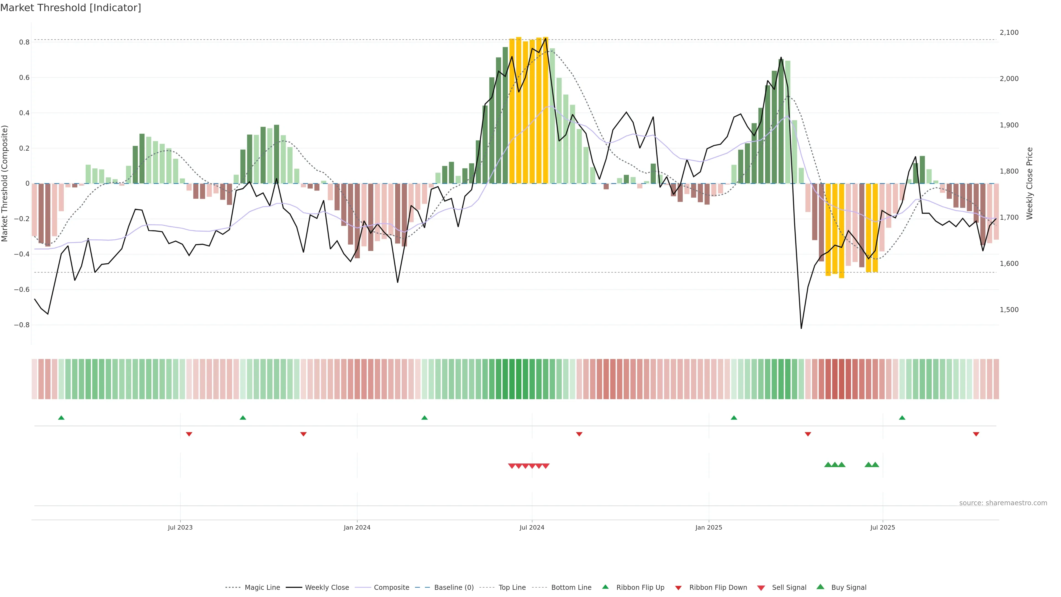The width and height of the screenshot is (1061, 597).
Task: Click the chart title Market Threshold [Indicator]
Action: [x=70, y=8]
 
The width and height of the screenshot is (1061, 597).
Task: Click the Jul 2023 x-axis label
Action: [x=180, y=527]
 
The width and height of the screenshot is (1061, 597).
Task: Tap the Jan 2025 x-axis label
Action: [x=708, y=527]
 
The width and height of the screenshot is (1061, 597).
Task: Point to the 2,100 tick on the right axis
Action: [x=1009, y=33]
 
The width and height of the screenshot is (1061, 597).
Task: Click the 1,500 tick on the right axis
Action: [x=1009, y=310]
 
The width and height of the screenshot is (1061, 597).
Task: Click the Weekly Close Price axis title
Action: [x=1030, y=183]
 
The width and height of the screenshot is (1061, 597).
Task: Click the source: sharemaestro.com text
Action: [x=1003, y=503]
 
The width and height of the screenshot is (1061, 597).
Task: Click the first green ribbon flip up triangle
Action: [x=61, y=418]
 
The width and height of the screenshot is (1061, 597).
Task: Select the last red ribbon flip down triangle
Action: [x=976, y=434]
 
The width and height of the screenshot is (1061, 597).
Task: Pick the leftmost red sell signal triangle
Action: [x=511, y=466]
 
